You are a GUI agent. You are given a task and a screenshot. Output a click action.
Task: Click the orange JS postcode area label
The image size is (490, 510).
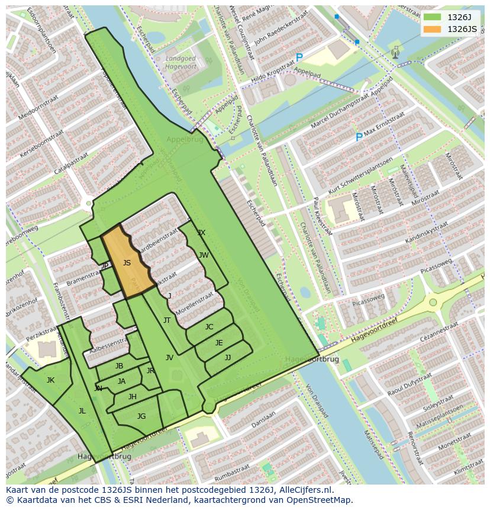click(127, 262)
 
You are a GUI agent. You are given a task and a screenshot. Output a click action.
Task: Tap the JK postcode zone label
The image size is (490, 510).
click(50, 380)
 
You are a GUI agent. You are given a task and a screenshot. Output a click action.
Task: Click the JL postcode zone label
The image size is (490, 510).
click(82, 410)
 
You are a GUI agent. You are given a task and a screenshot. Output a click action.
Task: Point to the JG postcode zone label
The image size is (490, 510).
click(141, 416)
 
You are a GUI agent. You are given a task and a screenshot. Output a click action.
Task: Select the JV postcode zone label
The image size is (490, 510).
click(169, 357)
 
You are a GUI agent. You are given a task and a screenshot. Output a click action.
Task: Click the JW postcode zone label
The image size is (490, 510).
click(204, 255)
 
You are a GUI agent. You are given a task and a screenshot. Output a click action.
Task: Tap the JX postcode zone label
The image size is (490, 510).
click(201, 233)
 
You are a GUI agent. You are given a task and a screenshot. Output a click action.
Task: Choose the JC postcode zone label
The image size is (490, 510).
click(209, 326)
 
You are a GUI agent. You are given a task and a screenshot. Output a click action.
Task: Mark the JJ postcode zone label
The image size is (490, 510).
click(228, 357)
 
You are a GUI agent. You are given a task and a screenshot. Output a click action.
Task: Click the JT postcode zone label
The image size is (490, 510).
click(167, 320)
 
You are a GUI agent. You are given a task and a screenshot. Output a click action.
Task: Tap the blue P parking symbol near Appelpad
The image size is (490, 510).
click(299, 58)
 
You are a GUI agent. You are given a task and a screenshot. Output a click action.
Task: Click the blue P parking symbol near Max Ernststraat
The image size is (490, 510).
click(359, 137)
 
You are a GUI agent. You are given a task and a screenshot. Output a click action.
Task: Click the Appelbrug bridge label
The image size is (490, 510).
click(185, 140)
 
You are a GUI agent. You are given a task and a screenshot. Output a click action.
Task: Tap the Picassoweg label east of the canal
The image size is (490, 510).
click(368, 300)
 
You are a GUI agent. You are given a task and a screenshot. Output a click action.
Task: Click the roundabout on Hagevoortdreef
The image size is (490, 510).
click(433, 302)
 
